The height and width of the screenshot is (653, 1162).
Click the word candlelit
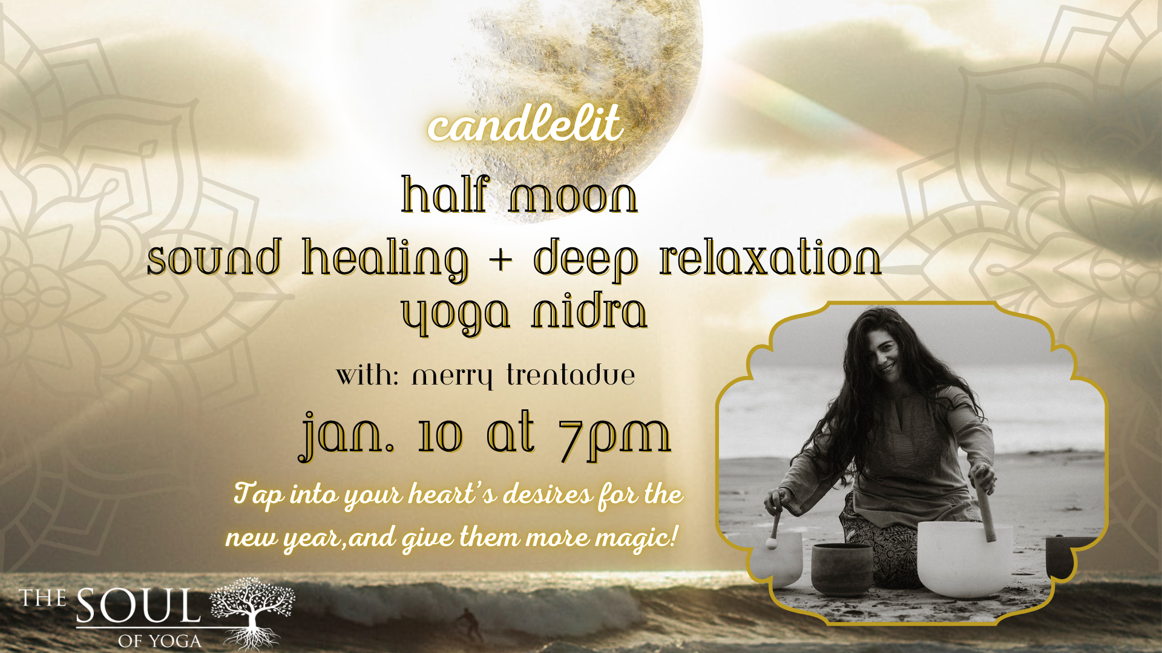[x=525, y=124]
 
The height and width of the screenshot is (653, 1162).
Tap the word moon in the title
[x=573, y=197]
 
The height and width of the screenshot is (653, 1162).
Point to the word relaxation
[x=770, y=259]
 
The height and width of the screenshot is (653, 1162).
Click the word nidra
[x=589, y=311]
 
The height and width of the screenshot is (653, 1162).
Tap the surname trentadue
[x=571, y=375]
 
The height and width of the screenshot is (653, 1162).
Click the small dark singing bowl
[x=841, y=568]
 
